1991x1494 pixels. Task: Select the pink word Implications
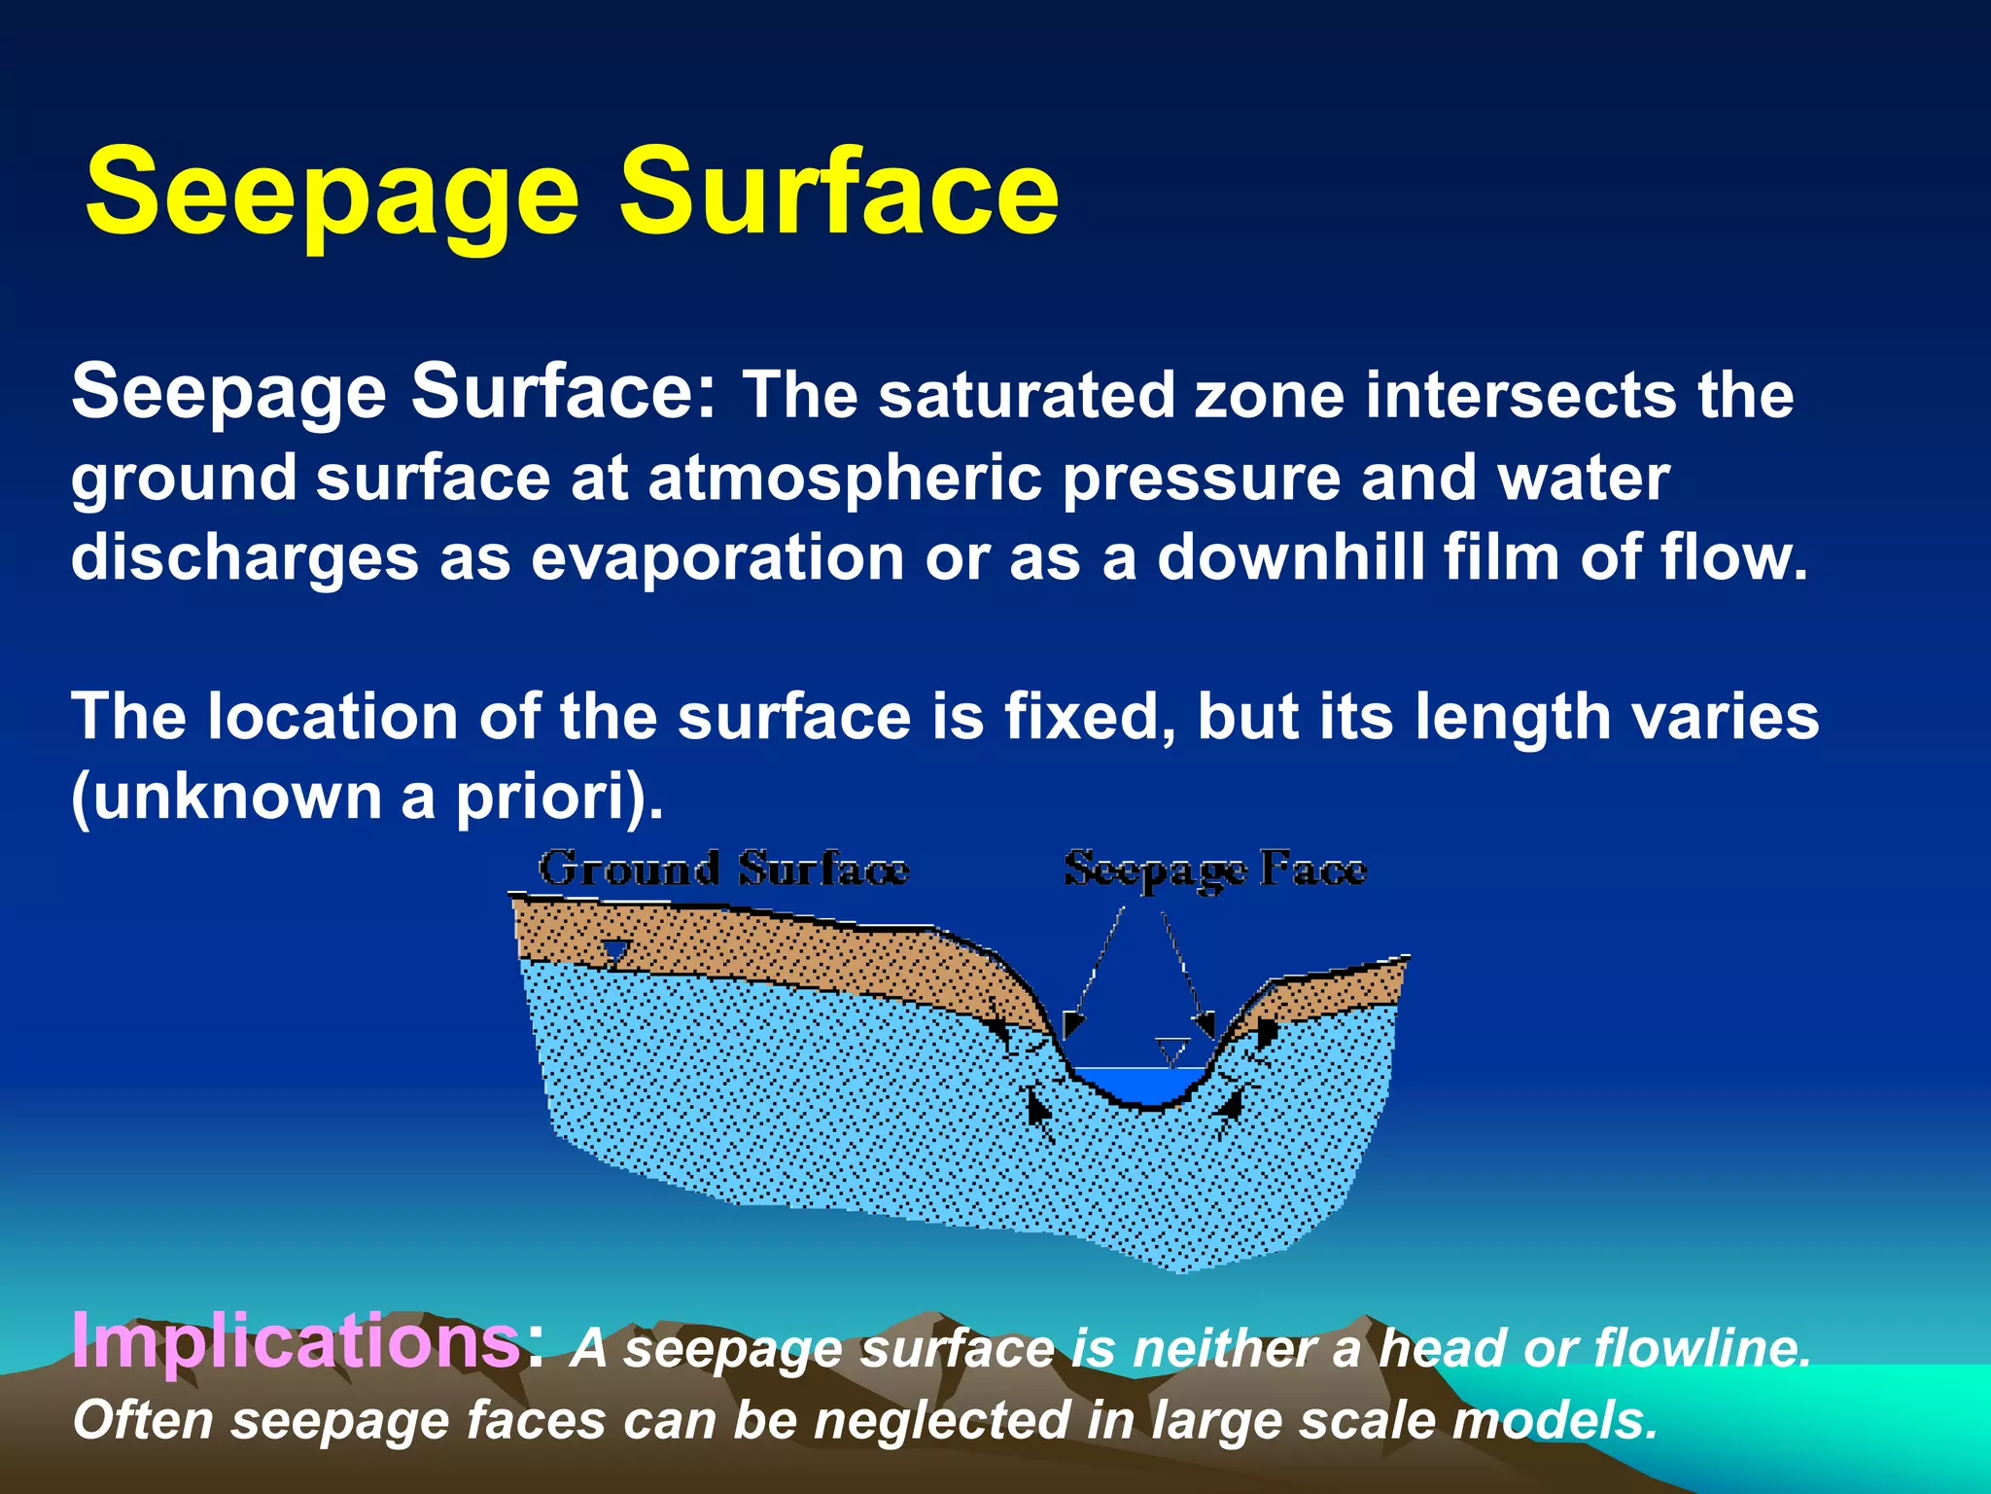pyautogui.click(x=297, y=1340)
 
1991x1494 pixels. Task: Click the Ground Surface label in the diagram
pyautogui.click(x=724, y=869)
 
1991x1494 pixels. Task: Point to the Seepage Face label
pyautogui.click(x=1215, y=869)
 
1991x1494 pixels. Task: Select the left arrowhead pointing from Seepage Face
pyautogui.click(x=1071, y=1024)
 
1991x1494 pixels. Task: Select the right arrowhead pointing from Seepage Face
pyautogui.click(x=1205, y=1024)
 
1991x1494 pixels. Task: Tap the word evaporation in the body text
pyautogui.click(x=717, y=558)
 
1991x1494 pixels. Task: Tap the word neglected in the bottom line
pyautogui.click(x=941, y=1421)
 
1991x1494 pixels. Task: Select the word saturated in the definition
pyautogui.click(x=1028, y=396)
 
